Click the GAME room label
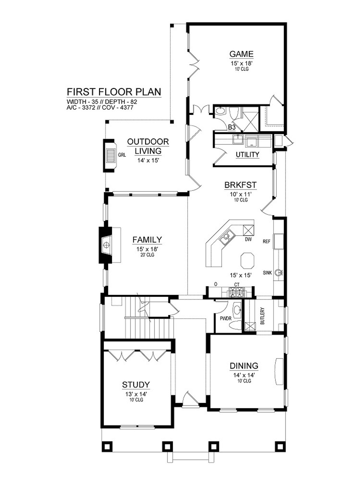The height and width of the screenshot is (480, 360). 241,54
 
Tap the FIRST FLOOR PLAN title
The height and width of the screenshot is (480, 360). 114,92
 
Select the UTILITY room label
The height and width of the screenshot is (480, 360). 247,155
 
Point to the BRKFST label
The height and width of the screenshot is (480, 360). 240,185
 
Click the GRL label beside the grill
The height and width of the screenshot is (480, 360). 122,155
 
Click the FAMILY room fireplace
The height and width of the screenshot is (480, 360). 106,245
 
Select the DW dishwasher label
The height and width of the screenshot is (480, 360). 248,239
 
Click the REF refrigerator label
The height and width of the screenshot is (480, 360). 266,241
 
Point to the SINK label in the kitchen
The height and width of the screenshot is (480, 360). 267,273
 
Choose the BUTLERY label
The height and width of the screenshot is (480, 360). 262,316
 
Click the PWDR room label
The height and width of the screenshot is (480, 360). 226,319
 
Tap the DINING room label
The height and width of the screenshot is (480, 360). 244,366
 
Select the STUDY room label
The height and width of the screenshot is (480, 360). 136,385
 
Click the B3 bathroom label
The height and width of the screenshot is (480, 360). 232,127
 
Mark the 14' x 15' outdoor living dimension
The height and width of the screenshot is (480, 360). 148,160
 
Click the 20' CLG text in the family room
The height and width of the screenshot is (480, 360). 147,255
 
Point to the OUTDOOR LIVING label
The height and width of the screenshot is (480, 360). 148,146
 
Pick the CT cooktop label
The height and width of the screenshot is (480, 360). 237,285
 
